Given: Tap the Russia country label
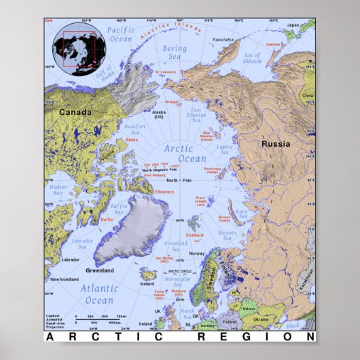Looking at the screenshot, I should (x=276, y=144).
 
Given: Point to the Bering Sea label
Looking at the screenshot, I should (x=174, y=52).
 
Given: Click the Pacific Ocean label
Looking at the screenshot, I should (x=121, y=35).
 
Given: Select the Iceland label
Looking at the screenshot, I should (x=147, y=284).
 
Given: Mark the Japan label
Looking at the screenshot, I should (x=292, y=24).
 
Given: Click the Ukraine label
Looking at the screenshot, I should (x=261, y=319).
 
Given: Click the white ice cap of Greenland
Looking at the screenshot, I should (x=132, y=228).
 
